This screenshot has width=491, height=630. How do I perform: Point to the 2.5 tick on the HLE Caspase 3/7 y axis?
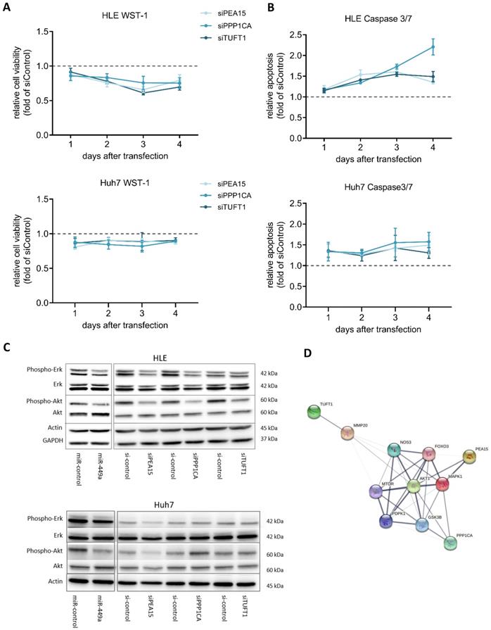click(x=291, y=34)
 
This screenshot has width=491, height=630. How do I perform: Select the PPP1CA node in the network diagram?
click(x=451, y=543)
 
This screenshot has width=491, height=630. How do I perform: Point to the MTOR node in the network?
click(x=376, y=491)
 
